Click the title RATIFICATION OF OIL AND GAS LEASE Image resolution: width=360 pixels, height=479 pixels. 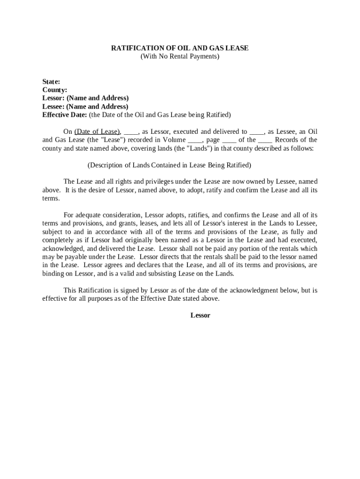[x=180, y=48]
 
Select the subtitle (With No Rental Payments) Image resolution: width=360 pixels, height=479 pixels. [x=180, y=57]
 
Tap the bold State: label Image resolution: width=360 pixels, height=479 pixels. [x=51, y=81]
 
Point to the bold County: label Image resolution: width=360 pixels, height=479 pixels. [x=55, y=90]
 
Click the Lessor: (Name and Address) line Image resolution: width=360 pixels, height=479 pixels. [x=86, y=98]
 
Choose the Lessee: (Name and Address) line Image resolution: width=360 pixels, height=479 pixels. [x=85, y=107]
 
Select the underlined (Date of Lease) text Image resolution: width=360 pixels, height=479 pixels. [x=98, y=132]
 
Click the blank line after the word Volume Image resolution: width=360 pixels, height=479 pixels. [x=194, y=140]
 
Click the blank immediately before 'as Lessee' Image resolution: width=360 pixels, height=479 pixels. [x=257, y=132]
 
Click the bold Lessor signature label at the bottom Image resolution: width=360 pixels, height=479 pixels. [x=200, y=315]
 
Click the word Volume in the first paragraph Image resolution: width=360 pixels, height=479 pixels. [x=174, y=140]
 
